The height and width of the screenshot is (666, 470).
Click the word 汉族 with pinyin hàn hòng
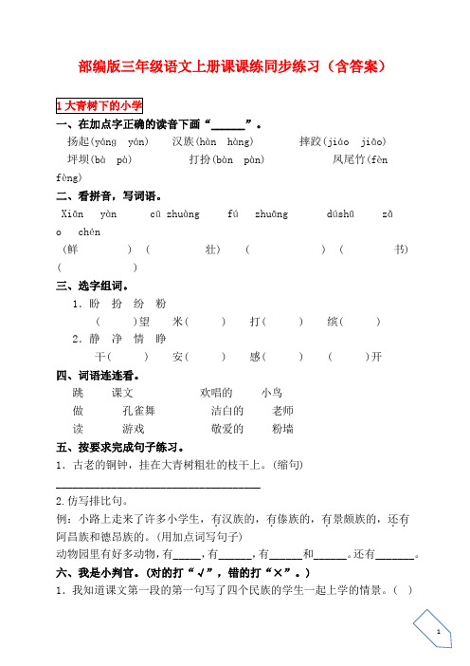click(x=186, y=141)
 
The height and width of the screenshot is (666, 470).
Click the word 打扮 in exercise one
click(x=202, y=159)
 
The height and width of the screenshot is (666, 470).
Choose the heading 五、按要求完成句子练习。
click(x=127, y=447)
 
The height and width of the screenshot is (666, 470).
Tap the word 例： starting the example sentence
click(x=66, y=519)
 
